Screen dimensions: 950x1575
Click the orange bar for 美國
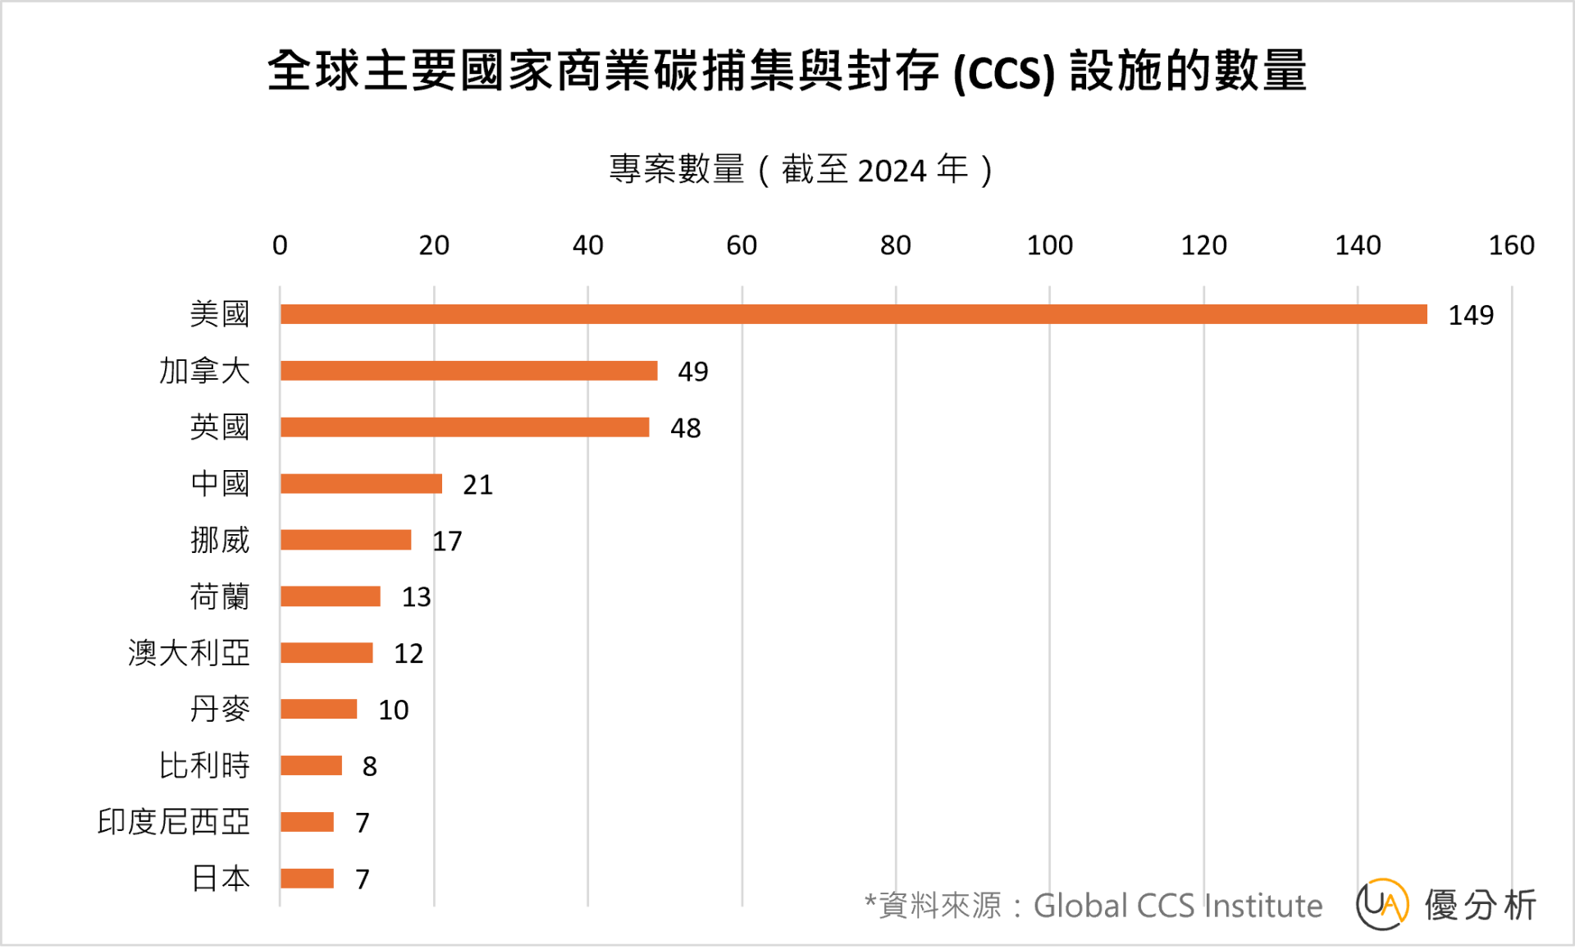click(853, 314)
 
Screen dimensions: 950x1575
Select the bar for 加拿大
click(468, 371)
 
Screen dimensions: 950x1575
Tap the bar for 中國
click(361, 484)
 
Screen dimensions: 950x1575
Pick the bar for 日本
click(307, 879)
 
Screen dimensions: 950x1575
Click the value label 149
click(1470, 315)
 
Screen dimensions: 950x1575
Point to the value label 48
click(685, 428)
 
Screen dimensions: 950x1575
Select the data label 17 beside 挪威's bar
click(447, 541)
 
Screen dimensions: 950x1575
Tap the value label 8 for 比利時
click(369, 766)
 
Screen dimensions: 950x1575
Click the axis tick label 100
click(1049, 245)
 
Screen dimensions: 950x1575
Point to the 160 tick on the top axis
click(1511, 245)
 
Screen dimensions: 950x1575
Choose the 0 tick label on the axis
click(280, 245)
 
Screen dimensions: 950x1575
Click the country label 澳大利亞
click(189, 653)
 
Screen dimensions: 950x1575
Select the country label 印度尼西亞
click(173, 822)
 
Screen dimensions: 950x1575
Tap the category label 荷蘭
click(219, 596)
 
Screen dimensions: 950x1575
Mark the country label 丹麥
click(219, 710)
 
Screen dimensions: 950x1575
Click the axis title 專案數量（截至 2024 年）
click(801, 170)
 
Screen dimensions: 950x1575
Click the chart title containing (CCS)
click(787, 71)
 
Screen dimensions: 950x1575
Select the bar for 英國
click(464, 427)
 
